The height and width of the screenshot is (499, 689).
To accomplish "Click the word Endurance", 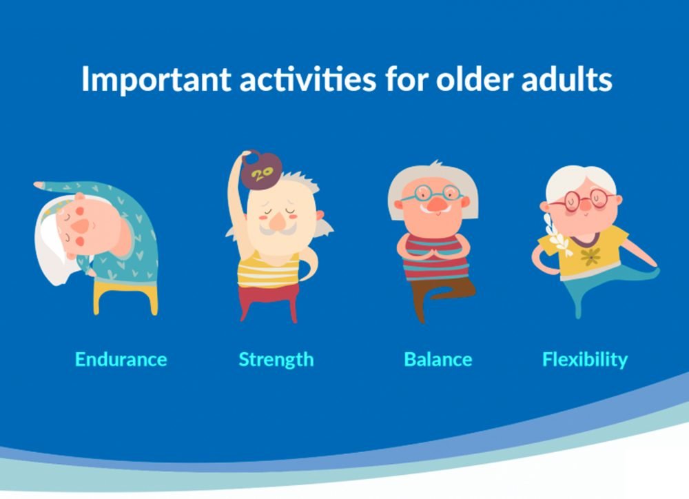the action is click(121, 359).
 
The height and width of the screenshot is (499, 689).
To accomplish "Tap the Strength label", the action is click(276, 360).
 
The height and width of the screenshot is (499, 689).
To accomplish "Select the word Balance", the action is click(438, 359).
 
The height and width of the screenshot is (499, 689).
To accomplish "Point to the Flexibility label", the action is click(585, 360).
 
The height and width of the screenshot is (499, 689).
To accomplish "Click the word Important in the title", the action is click(156, 79).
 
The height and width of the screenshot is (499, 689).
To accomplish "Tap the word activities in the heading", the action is click(307, 79).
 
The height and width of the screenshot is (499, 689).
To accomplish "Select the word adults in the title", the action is click(566, 79).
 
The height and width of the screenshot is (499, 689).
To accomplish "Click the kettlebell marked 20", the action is click(261, 171).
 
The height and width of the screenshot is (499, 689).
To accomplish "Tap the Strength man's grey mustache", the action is click(277, 229).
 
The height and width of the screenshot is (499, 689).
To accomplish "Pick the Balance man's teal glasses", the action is click(433, 194).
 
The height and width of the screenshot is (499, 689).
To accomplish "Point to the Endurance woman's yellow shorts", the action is click(125, 297).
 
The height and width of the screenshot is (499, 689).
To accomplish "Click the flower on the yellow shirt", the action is click(590, 256).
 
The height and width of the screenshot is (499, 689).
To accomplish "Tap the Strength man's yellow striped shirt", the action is click(268, 270).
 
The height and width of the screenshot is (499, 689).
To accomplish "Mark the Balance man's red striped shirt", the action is click(436, 258).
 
